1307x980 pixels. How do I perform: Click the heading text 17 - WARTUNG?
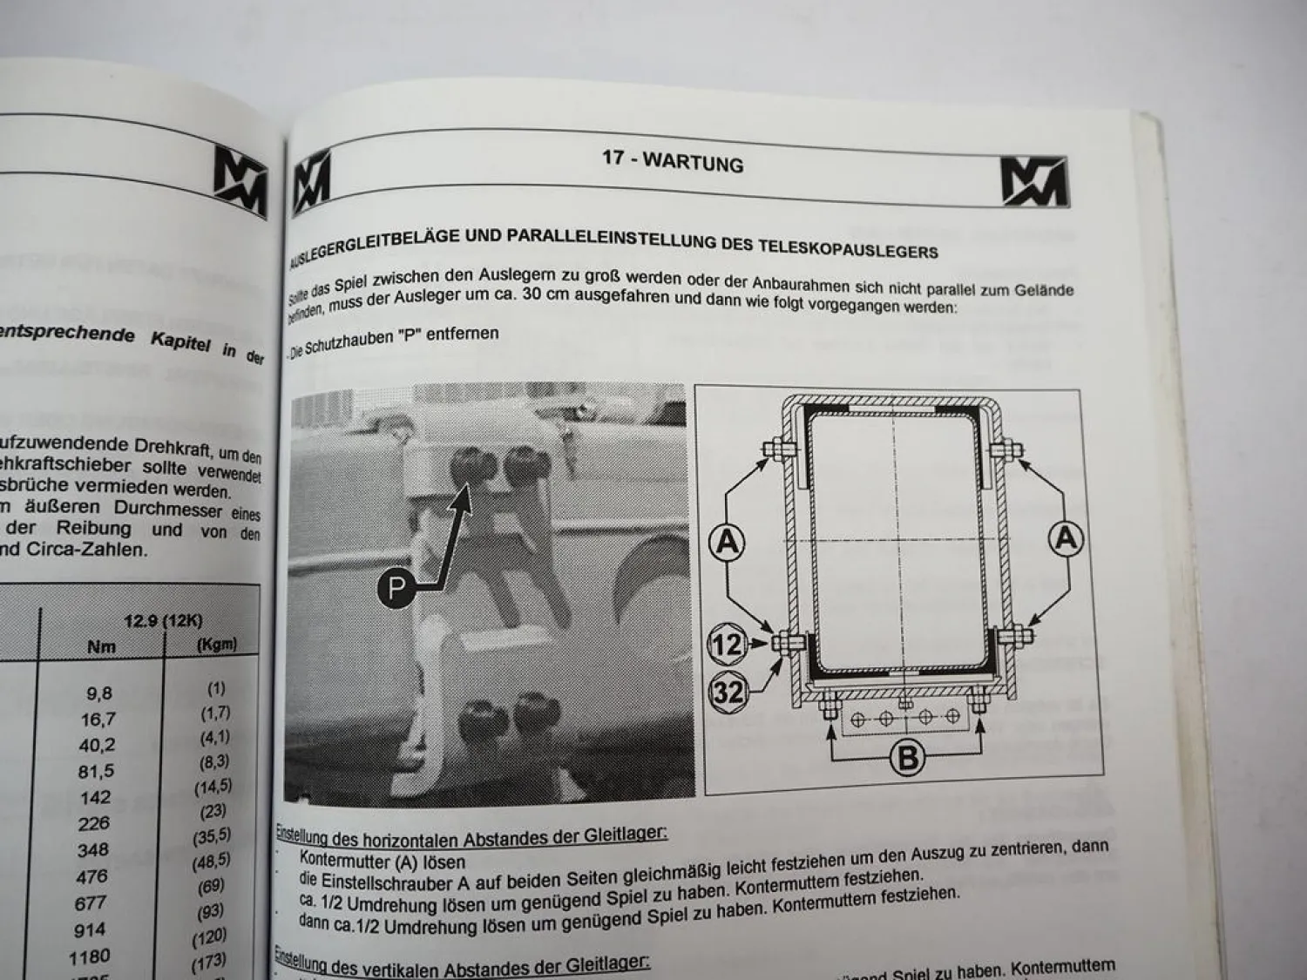673,160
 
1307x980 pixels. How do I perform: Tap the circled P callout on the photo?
396,588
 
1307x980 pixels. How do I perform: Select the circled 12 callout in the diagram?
726,645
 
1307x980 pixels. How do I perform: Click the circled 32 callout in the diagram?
728,692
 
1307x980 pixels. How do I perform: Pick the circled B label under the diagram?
907,757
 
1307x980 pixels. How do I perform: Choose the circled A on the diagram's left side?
726,542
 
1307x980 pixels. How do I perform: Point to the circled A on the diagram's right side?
1067,538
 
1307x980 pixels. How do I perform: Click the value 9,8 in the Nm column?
99,693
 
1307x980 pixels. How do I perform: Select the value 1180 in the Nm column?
89,957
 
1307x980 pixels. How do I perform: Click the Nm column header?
101,647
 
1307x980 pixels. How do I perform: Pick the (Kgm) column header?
216,645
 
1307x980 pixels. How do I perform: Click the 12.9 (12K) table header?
163,621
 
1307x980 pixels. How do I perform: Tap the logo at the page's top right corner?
1033,181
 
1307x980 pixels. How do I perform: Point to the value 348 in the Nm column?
92,849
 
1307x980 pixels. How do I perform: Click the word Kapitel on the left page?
180,341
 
